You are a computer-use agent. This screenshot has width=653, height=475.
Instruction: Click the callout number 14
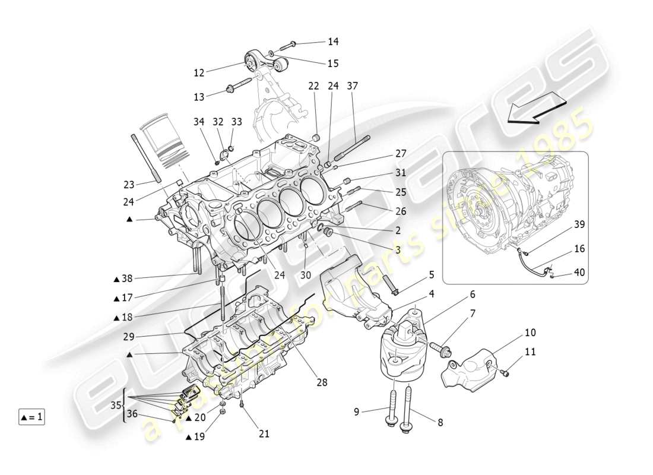click(333, 42)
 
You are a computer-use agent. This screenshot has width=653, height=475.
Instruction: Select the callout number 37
click(353, 86)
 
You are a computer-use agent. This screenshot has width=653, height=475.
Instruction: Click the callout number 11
click(530, 351)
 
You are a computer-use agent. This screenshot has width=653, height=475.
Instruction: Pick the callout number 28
click(322, 383)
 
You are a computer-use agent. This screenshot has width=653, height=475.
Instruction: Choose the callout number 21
click(264, 434)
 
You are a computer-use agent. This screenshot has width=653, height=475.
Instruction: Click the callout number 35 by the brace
click(115, 406)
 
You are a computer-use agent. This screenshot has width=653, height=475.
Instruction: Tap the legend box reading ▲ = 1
click(31, 417)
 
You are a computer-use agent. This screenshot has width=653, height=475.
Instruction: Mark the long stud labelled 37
click(353, 148)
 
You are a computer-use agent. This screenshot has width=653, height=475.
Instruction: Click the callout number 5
click(432, 275)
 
